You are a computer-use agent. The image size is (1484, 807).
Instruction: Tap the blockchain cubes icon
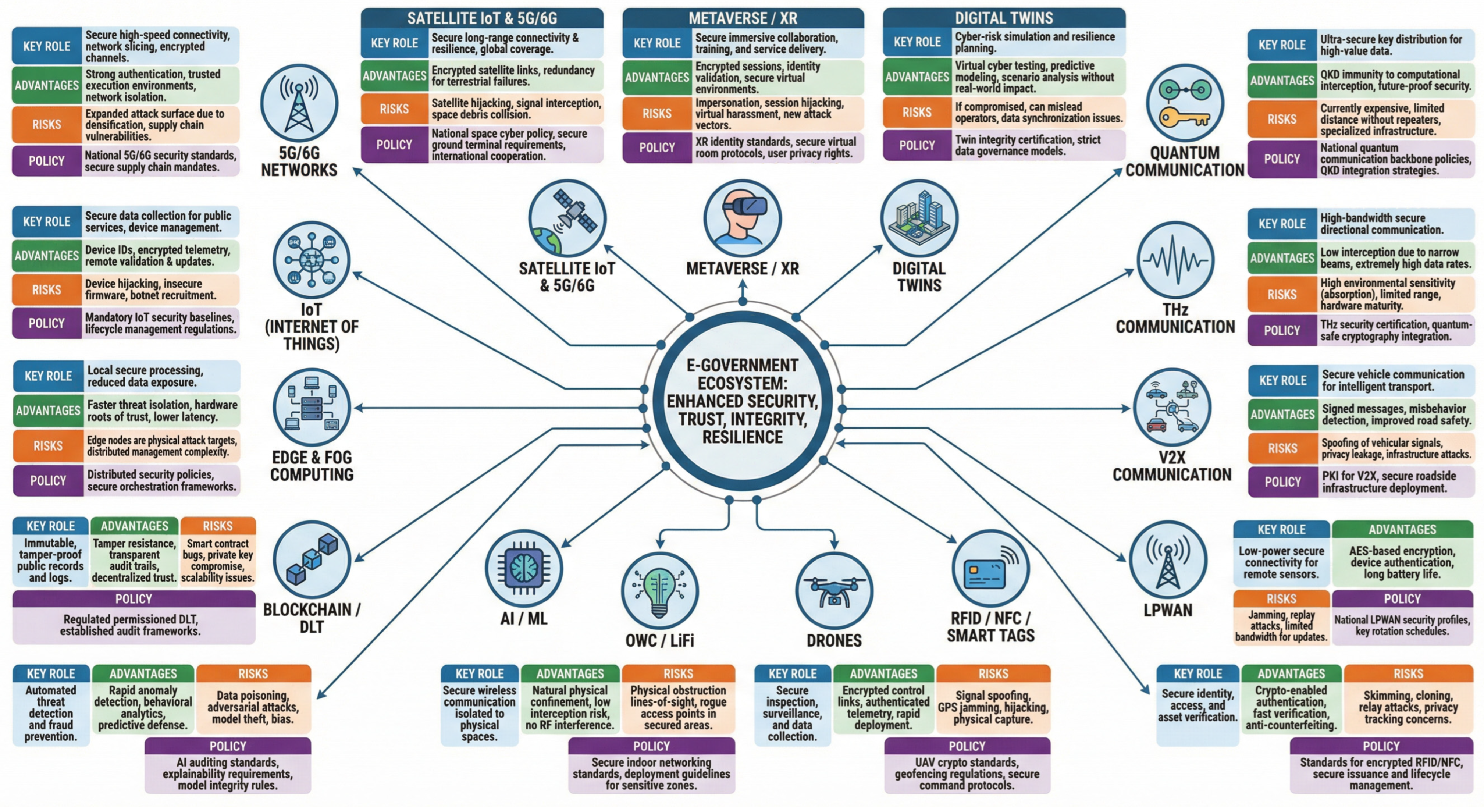point(312,559)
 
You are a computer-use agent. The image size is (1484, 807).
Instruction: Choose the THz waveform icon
point(1175,260)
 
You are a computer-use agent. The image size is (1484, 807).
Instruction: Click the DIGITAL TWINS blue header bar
point(1004,18)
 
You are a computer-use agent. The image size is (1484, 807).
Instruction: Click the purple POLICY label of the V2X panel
point(1282,481)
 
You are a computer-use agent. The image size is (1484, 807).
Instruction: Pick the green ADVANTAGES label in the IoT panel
point(47,255)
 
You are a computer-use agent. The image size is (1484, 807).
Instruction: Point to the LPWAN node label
point(1168,610)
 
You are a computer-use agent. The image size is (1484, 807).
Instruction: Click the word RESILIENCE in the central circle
point(742,437)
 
